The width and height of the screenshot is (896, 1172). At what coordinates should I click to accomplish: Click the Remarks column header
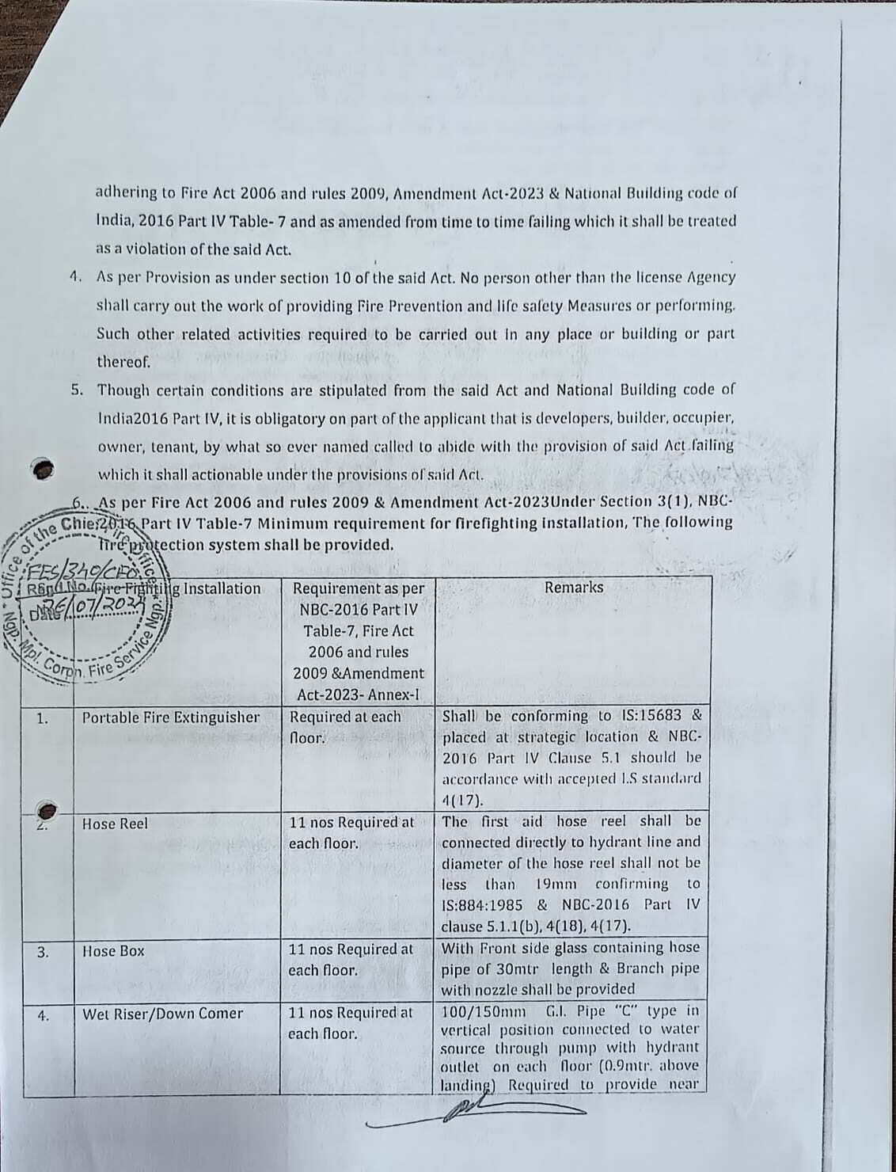(573, 588)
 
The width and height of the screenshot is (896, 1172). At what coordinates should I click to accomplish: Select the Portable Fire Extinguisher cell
(171, 717)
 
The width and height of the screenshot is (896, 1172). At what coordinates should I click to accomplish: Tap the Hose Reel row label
(115, 824)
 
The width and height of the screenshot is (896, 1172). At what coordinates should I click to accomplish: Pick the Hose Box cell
(113, 951)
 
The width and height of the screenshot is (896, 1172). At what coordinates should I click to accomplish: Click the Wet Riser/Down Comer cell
(162, 1014)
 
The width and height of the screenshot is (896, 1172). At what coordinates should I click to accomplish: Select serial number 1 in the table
(44, 719)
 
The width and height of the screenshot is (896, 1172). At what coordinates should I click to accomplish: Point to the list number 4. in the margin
(76, 278)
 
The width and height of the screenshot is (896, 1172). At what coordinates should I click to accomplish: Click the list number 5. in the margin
(78, 390)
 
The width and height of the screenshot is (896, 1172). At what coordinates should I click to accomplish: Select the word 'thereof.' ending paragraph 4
(123, 363)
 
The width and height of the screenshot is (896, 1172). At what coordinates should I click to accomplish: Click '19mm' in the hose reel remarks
(556, 884)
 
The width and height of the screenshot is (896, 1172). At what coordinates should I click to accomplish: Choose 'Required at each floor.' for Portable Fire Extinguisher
(346, 726)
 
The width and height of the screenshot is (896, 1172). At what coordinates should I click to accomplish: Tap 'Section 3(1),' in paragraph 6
(647, 501)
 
